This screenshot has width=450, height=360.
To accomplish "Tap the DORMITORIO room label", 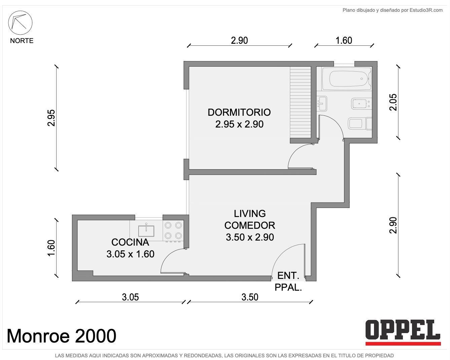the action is (239, 112).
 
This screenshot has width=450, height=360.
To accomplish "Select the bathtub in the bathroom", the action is (347, 79).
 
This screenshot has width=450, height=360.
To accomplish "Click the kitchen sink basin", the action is (146, 230).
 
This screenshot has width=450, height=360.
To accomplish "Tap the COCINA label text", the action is (130, 242).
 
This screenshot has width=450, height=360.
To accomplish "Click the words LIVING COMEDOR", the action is (250, 219).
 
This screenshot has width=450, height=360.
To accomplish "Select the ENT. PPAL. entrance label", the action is (288, 281).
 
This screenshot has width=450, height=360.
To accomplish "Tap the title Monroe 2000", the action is (62, 336).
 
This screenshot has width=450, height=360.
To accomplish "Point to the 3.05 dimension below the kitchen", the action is (130, 297).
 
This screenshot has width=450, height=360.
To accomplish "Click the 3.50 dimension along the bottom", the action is (250, 297).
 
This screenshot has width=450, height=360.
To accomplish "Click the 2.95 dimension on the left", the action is (51, 118).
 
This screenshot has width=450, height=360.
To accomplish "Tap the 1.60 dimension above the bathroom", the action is (344, 40).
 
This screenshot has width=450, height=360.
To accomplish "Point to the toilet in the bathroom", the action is (360, 123).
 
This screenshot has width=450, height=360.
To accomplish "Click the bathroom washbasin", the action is (322, 103).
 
